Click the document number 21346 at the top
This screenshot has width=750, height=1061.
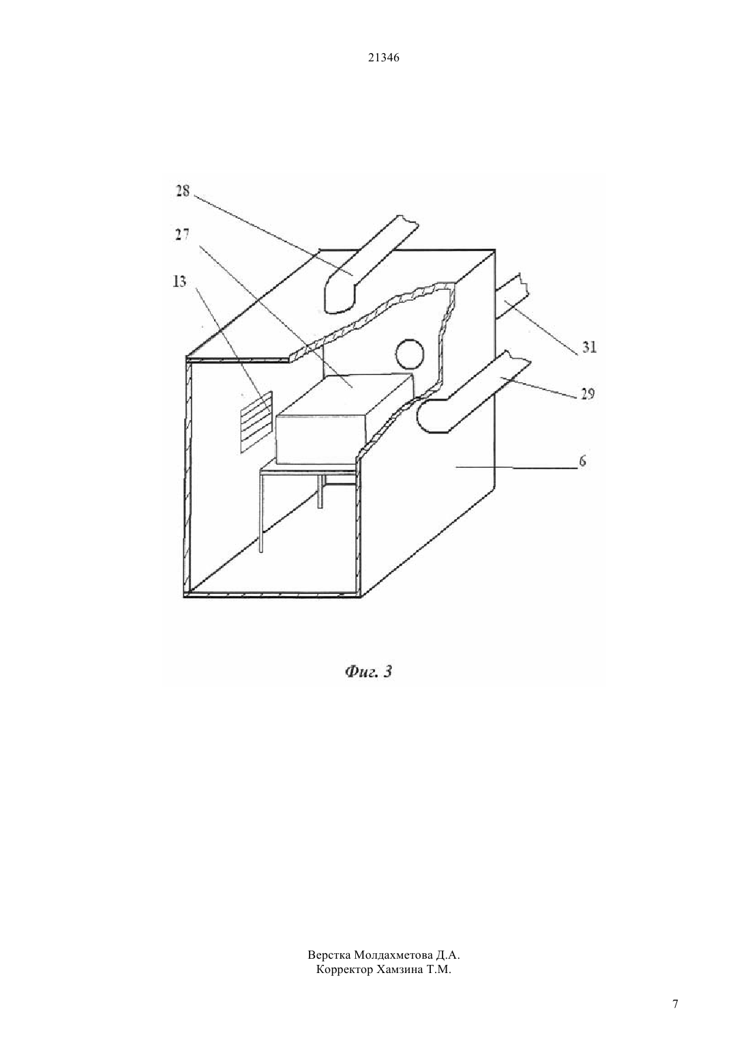383,58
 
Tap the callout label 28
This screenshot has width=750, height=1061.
183,192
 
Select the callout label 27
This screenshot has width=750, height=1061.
182,235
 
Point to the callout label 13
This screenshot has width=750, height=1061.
179,282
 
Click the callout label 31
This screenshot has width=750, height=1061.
589,348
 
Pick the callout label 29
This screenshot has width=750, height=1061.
587,393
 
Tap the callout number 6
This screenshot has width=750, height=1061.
583,461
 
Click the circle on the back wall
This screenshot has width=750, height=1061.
410,354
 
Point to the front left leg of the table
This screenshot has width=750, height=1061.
261,512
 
